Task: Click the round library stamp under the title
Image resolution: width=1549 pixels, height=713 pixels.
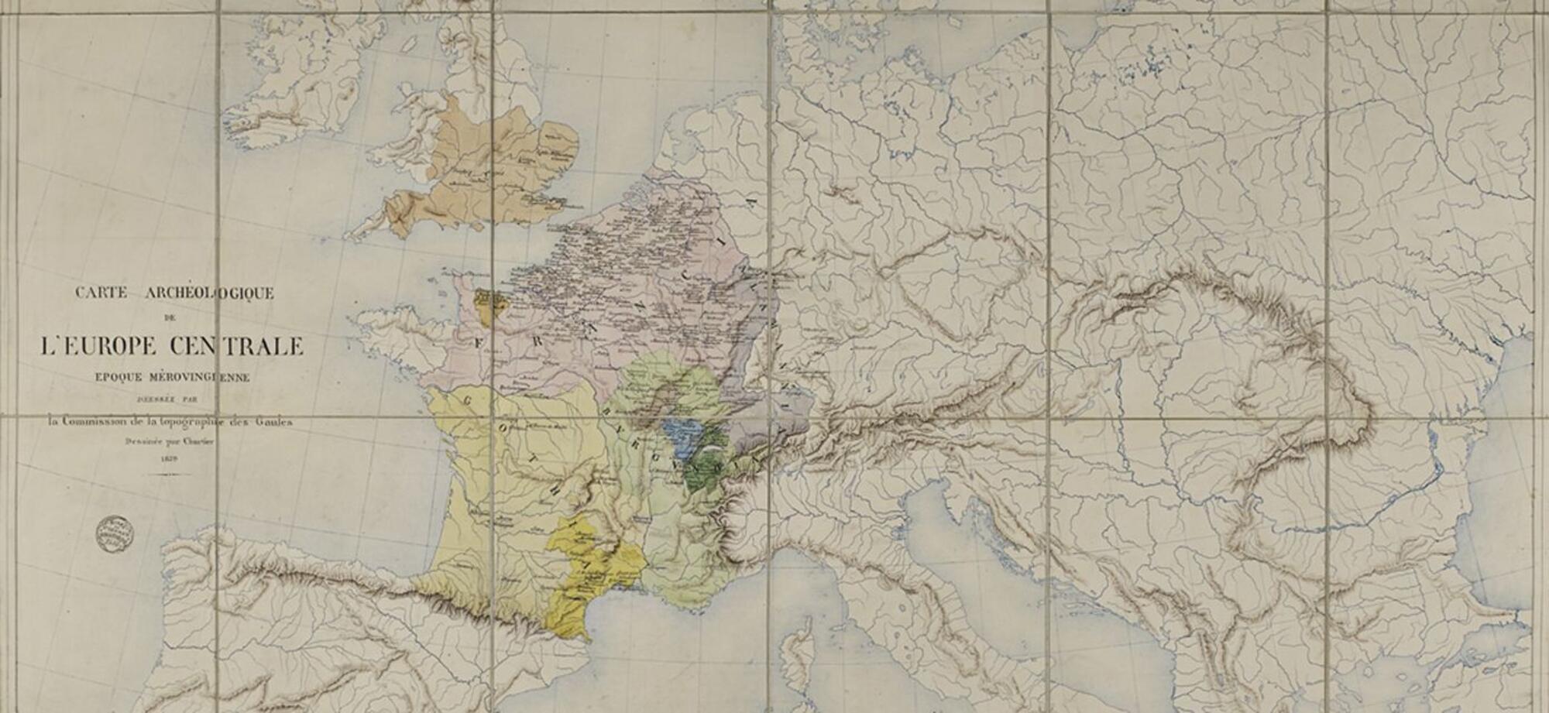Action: [x=115, y=533]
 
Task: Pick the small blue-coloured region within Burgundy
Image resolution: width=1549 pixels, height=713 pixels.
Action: [x=683, y=437]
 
